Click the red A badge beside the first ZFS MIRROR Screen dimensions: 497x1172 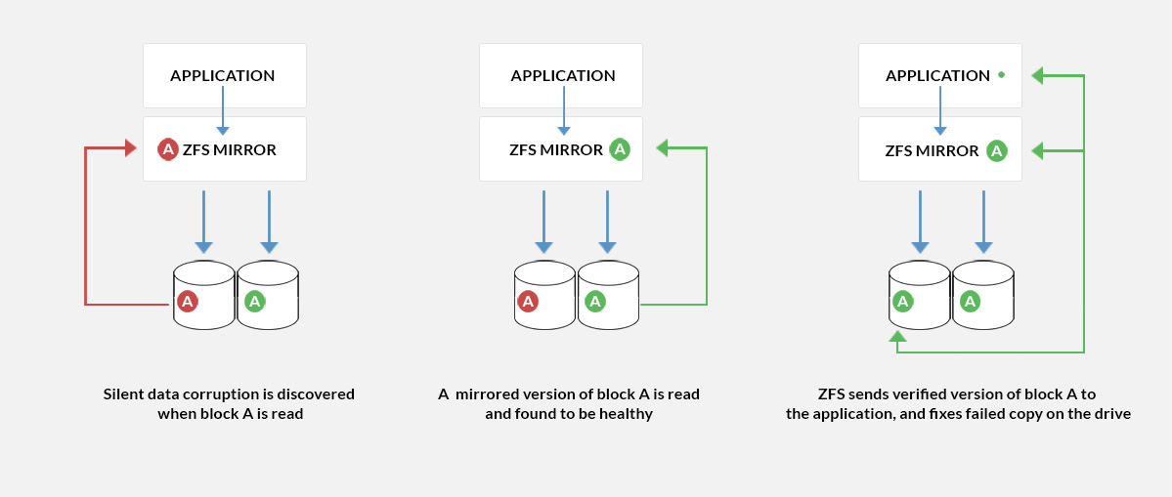click(x=168, y=149)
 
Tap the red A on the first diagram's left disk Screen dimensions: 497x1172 click(x=189, y=301)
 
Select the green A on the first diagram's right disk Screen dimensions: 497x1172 click(x=254, y=301)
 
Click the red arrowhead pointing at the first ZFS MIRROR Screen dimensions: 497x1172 click(x=130, y=148)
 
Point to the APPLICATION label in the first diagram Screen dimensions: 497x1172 click(x=222, y=75)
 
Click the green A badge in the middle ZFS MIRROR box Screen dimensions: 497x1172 click(x=620, y=149)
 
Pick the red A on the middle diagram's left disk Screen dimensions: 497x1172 click(x=528, y=301)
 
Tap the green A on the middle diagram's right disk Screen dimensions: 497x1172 click(x=593, y=301)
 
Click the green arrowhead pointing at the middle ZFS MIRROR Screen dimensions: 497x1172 click(x=662, y=148)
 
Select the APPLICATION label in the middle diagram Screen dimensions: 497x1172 click(x=563, y=75)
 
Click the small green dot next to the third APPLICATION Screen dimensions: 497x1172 click(x=1001, y=74)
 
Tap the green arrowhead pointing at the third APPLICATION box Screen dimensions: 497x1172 click(x=1038, y=74)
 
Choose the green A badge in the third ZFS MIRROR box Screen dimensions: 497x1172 click(x=996, y=150)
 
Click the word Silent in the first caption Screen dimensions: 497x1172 click(x=123, y=394)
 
